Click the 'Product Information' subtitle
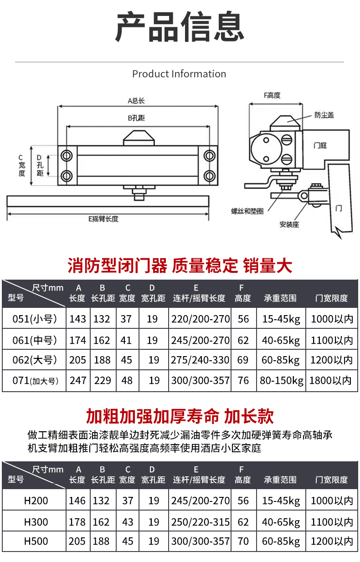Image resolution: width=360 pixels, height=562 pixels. click(179, 74)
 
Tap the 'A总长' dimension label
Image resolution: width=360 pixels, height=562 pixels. click(136, 101)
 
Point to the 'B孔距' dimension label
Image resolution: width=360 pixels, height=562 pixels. click(136, 118)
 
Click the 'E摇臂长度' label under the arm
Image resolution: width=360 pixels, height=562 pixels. click(103, 219)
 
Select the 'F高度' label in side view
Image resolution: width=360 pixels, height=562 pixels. click(272, 95)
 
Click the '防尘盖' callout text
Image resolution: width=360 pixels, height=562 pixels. click(324, 115)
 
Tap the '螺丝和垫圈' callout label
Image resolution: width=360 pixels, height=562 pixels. click(247, 211)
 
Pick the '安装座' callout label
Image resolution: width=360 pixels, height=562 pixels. click(289, 224)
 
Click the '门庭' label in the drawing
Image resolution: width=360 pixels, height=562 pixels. click(320, 146)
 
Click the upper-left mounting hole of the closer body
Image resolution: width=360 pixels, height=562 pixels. click(67, 156)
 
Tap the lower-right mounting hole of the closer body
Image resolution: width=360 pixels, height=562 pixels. click(209, 176)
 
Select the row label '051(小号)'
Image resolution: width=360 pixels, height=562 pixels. click(35, 319)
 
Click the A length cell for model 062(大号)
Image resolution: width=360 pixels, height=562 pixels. click(78, 360)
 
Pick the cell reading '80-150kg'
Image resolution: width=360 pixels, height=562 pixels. click(282, 381)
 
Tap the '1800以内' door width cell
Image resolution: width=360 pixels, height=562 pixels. click(330, 381)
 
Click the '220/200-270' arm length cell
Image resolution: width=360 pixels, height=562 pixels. click(201, 319)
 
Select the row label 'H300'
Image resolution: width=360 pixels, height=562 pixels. click(36, 522)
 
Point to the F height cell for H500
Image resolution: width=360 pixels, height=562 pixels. click(243, 541)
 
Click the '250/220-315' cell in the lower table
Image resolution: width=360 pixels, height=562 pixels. click(201, 522)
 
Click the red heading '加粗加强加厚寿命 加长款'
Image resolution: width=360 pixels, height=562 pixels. click(180, 416)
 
